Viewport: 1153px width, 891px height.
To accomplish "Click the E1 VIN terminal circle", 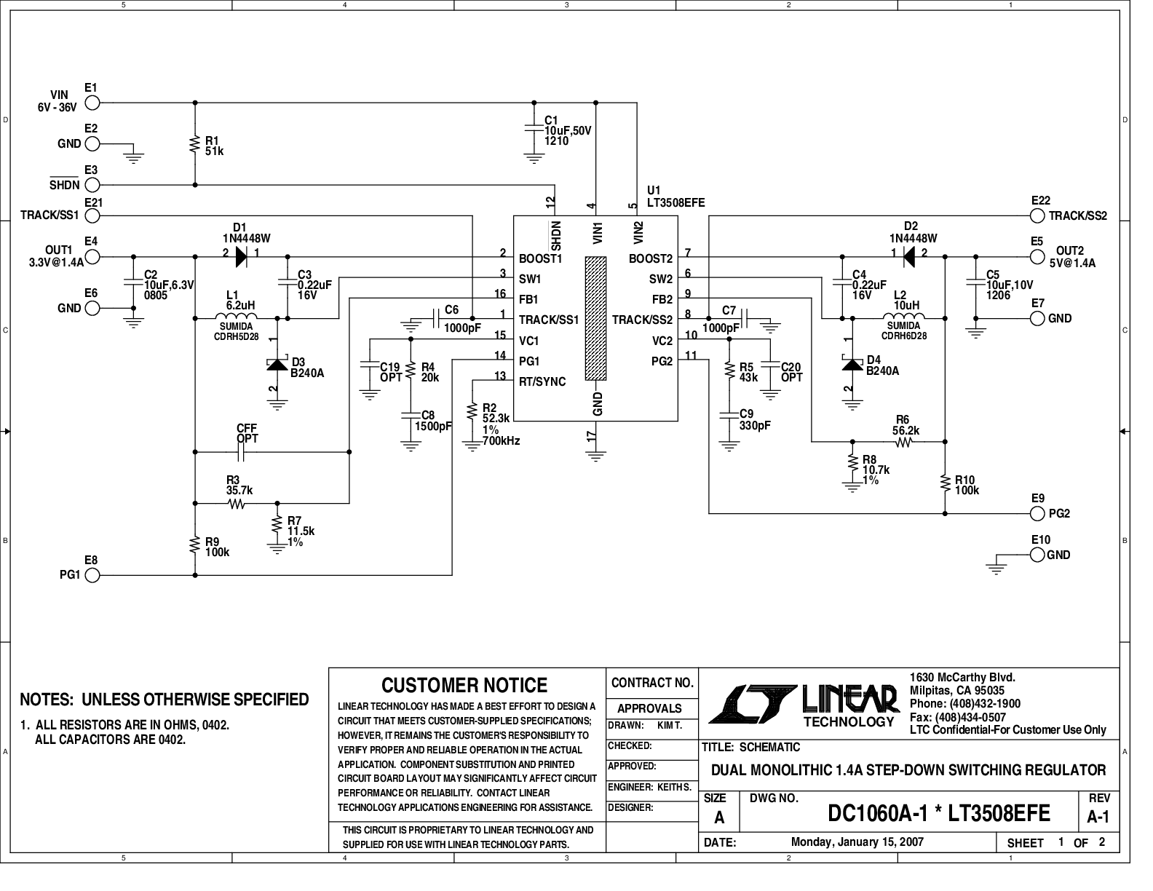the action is [92, 103].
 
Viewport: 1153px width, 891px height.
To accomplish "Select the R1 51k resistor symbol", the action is [195, 144].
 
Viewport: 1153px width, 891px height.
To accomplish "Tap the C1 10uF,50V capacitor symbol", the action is [534, 129].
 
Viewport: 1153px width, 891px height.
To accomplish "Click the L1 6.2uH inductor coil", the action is [236, 316].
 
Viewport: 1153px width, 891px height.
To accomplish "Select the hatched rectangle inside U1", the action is [595, 318].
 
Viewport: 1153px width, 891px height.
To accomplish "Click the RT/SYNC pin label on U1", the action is [542, 381].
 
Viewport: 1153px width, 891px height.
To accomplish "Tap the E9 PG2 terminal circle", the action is [1037, 514].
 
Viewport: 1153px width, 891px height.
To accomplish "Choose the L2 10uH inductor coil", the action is [903, 316].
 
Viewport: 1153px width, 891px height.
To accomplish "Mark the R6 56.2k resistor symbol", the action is [903, 442].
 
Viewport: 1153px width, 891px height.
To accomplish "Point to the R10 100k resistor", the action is [945, 483].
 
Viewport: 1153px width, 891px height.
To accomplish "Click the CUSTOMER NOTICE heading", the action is [464, 685].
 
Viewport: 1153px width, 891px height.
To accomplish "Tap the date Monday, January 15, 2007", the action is [857, 841].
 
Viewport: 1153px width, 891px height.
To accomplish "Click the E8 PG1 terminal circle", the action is [92, 575].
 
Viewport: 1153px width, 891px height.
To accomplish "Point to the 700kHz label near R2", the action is [501, 441].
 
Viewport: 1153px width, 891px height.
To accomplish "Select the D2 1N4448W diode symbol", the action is [908, 257].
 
